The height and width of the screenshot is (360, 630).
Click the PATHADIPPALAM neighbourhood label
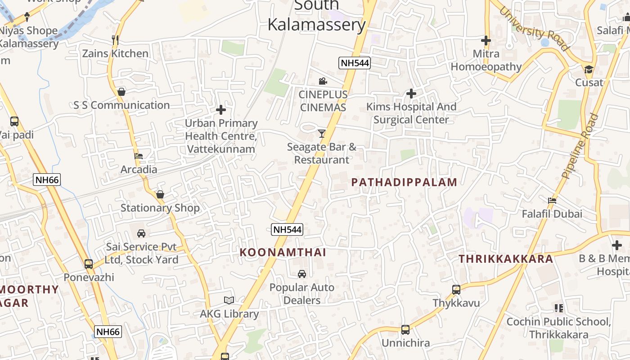point(404,182)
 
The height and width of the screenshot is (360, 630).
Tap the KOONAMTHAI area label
point(283,252)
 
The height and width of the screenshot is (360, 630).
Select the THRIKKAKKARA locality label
point(506,259)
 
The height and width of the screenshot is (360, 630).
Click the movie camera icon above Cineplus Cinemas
point(323,81)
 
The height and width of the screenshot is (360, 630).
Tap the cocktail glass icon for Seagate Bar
point(321,133)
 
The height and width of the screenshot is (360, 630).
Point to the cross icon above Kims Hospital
point(411,94)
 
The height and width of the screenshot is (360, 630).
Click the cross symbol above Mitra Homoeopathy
point(486,40)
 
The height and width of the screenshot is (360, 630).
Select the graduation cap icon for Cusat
point(589,69)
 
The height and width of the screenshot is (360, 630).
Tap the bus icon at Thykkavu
point(456,290)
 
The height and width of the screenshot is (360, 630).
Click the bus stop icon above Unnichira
point(405,330)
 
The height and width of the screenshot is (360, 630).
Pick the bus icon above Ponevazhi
point(89,264)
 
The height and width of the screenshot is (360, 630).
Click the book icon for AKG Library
point(229,300)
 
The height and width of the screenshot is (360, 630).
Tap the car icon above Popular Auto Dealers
point(302,274)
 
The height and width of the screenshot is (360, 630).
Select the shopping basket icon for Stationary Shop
point(160,194)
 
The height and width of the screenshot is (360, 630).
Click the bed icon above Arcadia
point(139,156)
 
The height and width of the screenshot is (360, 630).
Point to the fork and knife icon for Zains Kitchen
point(115,40)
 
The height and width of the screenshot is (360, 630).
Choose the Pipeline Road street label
point(580,146)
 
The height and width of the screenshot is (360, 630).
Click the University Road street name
point(534,29)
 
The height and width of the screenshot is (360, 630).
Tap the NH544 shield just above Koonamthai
point(287,229)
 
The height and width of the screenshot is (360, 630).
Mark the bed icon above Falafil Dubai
point(552,200)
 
